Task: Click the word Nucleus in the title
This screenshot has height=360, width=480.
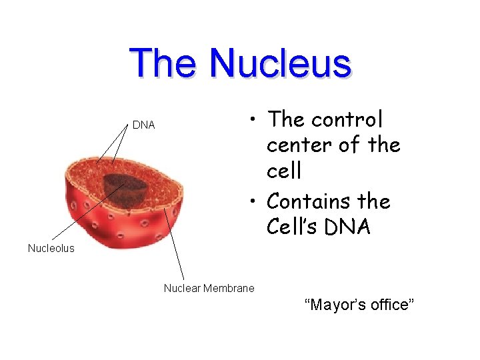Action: (280, 64)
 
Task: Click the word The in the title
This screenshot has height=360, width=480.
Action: (163, 64)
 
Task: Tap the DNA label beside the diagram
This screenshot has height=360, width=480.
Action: (143, 125)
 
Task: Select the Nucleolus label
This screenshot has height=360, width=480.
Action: (51, 249)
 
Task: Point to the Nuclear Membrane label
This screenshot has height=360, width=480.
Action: (209, 289)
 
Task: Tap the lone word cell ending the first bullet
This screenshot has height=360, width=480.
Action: (284, 171)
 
